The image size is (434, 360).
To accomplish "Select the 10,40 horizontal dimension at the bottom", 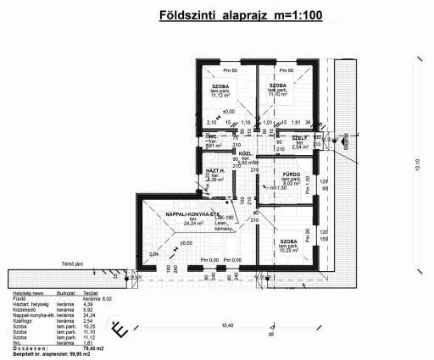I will [226, 324].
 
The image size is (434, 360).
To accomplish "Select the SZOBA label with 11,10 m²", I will [278, 86].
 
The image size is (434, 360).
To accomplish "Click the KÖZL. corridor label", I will [244, 153].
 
